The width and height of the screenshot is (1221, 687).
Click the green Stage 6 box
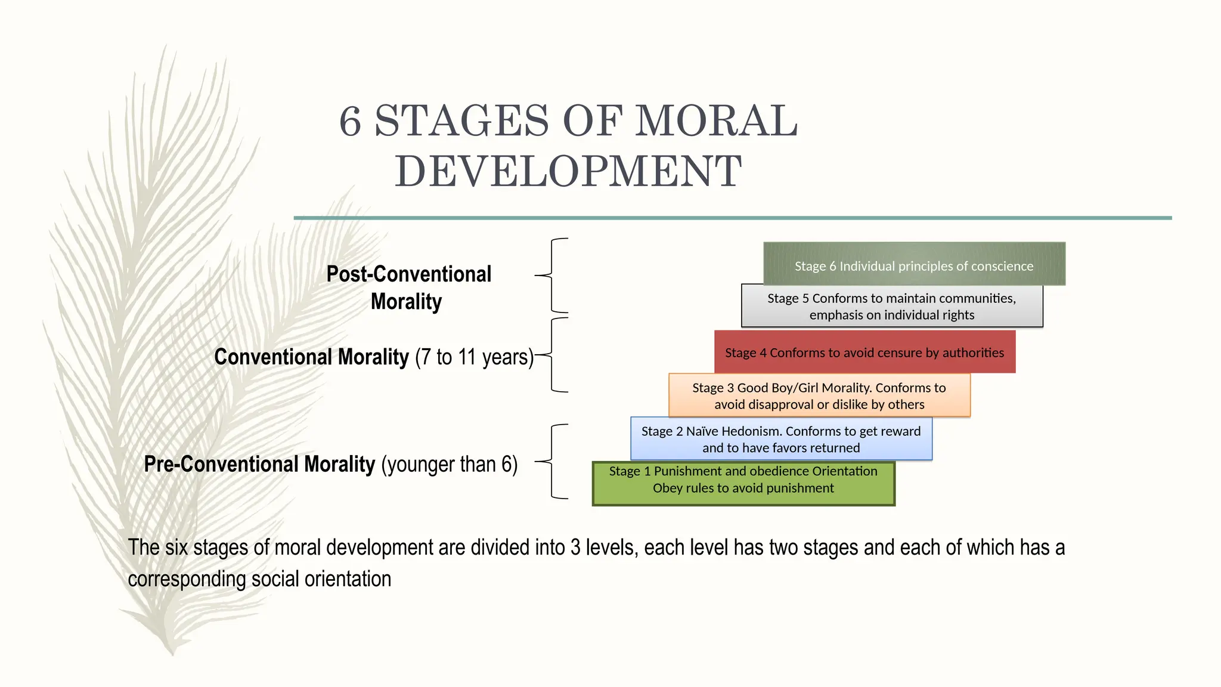[914, 264]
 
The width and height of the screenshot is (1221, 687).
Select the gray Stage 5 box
[892, 306]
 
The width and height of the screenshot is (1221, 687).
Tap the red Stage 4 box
[864, 352]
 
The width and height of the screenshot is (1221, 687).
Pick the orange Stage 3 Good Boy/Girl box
[819, 395]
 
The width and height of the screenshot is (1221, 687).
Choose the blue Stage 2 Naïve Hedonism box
[781, 439]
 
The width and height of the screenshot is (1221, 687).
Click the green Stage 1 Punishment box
[743, 484]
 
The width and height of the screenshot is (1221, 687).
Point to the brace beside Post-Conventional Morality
[553, 276]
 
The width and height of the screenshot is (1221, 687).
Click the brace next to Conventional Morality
[553, 355]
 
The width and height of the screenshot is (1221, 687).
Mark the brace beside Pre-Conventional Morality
[553, 461]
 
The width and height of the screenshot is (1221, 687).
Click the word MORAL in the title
[715, 121]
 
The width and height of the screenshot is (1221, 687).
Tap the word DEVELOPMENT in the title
[568, 172]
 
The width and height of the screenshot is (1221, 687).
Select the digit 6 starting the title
[350, 121]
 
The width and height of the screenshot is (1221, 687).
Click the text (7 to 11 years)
[474, 357]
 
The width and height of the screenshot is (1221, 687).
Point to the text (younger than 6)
[449, 464]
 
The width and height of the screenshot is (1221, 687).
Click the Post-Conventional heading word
[408, 274]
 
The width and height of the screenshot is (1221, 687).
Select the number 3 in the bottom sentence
[575, 547]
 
